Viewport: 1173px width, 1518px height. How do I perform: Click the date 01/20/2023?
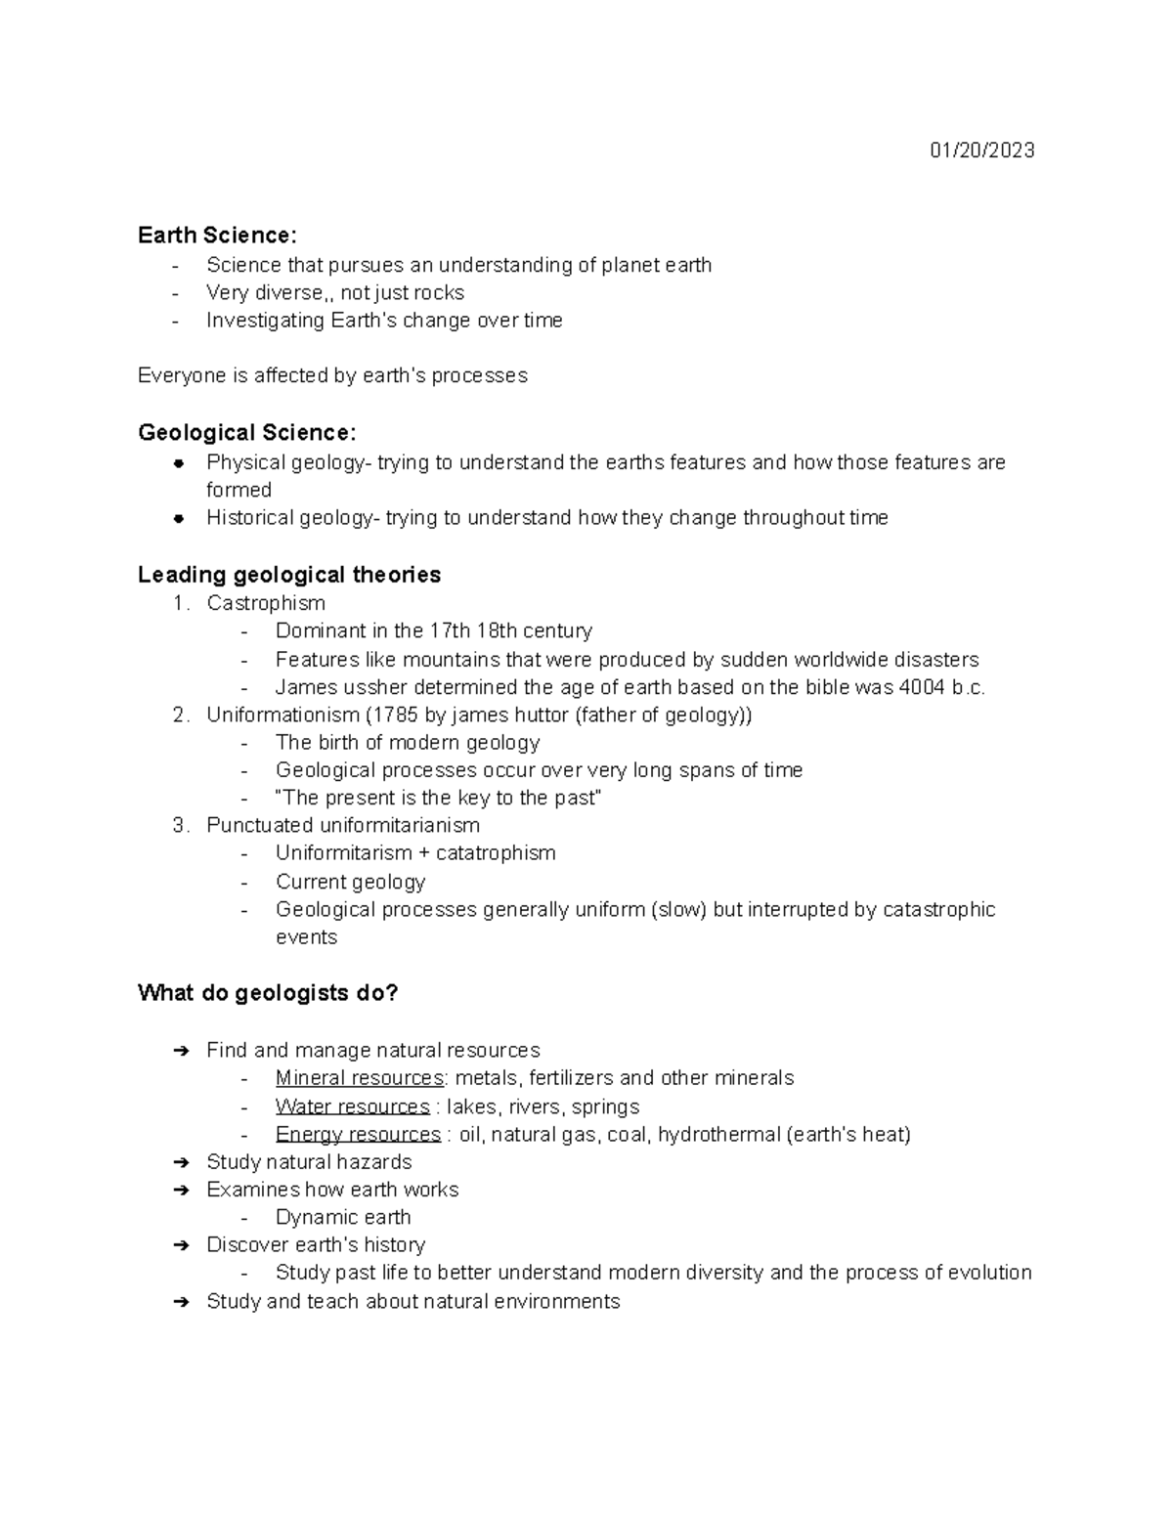tap(982, 151)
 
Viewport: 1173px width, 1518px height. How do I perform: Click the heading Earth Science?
tap(217, 236)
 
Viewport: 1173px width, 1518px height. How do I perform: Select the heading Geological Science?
tap(247, 432)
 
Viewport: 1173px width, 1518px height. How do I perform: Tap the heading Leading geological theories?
tap(289, 575)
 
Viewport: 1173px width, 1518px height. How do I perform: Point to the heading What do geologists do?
tap(268, 993)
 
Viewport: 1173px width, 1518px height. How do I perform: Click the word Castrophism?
tap(266, 603)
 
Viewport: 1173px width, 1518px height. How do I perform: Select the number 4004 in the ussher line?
tap(922, 687)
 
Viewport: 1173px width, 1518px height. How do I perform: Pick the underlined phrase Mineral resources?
tap(360, 1078)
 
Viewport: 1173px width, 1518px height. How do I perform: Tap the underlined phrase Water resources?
tap(352, 1106)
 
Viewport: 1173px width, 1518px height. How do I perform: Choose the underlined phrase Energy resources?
tap(358, 1135)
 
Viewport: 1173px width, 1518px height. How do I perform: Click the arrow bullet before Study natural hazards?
tap(180, 1162)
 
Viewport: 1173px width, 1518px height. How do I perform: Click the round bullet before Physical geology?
tap(180, 463)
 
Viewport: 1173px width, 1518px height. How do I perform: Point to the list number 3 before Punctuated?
tap(179, 826)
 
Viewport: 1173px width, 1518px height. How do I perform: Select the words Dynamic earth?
tap(343, 1218)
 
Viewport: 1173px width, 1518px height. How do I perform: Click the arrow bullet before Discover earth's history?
tap(180, 1245)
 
